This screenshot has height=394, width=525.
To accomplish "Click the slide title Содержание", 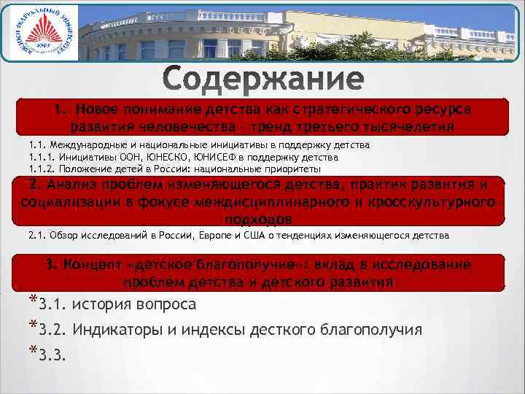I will (262, 80).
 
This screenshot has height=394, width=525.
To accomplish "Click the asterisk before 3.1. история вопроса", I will (34, 301).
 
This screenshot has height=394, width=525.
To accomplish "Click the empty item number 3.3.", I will (52, 355).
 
